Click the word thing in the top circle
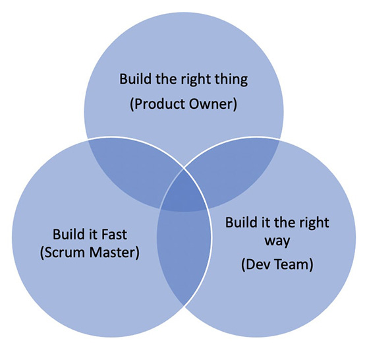(x=231, y=80)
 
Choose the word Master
(x=113, y=253)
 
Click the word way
(x=277, y=241)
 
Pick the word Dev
(x=256, y=264)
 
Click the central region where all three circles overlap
(x=184, y=191)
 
